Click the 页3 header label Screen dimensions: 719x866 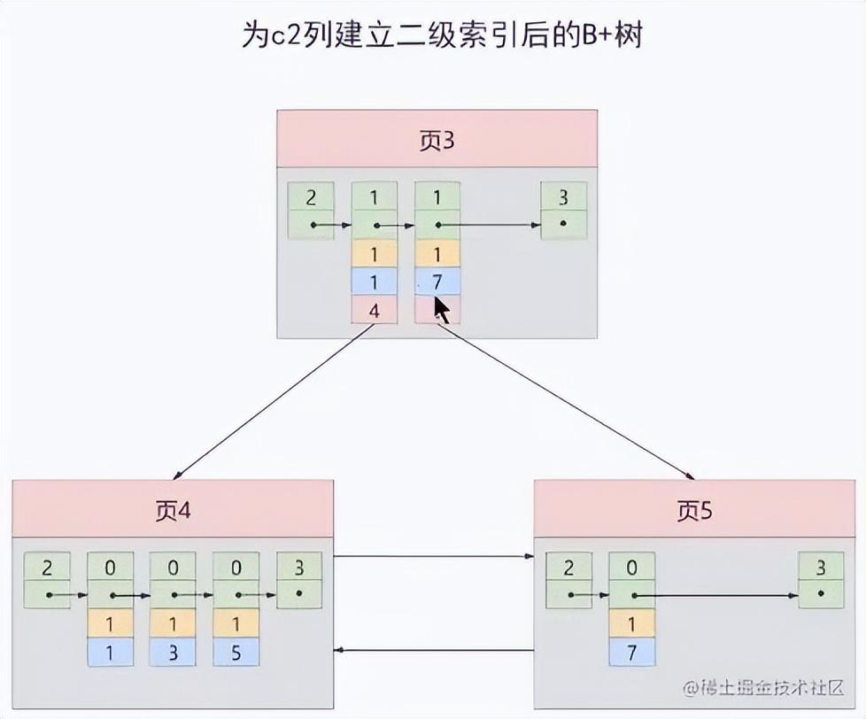[x=436, y=139]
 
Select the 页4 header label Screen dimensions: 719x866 [x=173, y=510]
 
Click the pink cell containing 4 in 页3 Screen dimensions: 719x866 [x=374, y=311]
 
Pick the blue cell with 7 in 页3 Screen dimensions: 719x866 [x=437, y=281]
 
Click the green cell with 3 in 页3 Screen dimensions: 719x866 [x=563, y=197]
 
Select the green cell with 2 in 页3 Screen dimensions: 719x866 [x=311, y=197]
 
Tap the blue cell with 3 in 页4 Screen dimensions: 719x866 [x=173, y=652]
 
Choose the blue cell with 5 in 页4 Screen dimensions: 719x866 [x=236, y=652]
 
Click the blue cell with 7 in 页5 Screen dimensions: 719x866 [x=631, y=652]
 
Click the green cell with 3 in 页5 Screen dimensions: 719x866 [x=821, y=567]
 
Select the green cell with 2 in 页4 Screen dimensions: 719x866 [x=47, y=567]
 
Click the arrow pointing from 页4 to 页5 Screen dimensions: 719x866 [x=434, y=556]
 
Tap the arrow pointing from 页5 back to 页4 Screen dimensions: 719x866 [x=434, y=651]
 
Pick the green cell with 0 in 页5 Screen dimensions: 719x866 [x=631, y=567]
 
